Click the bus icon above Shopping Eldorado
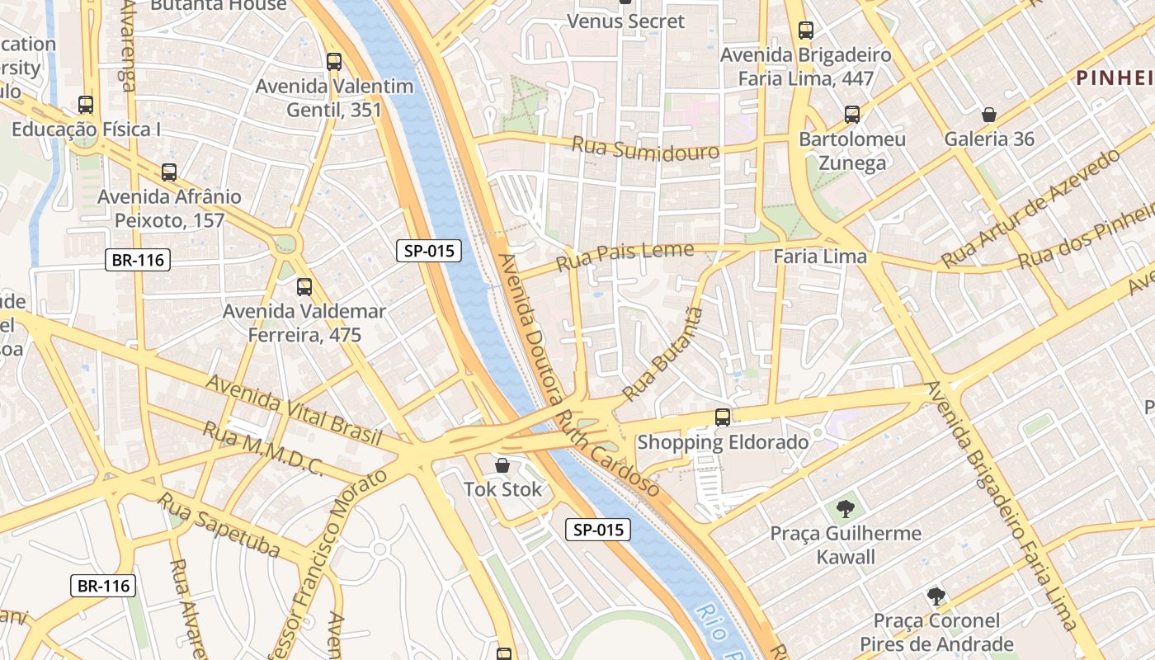(723, 417)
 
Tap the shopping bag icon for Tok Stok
(502, 465)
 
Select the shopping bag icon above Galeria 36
(988, 115)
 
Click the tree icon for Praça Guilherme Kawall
(845, 508)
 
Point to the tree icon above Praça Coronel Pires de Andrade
(936, 596)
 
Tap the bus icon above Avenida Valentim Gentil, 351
(334, 62)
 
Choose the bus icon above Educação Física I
(86, 105)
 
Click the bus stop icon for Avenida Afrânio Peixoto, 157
(169, 172)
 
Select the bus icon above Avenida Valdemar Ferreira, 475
(304, 287)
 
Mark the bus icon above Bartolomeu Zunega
(852, 115)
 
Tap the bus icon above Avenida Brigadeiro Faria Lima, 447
(806, 31)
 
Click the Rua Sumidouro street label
(645, 149)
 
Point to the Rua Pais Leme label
(625, 256)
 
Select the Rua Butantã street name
(665, 354)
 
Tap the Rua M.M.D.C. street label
(262, 450)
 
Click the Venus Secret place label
(626, 21)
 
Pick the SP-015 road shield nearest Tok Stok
(598, 530)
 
